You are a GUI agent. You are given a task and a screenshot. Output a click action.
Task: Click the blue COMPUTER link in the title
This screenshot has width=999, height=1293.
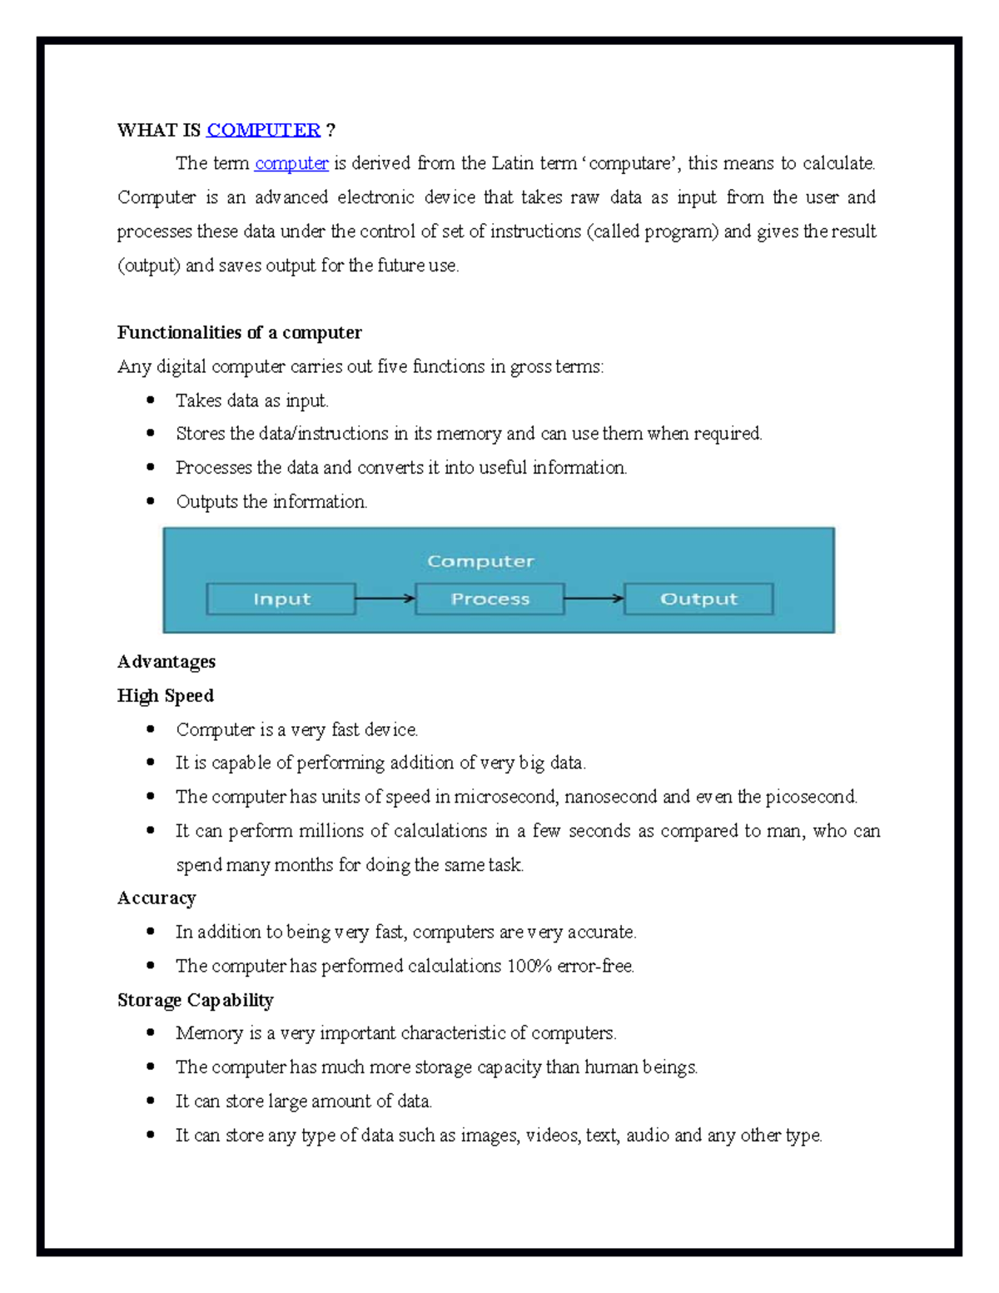[x=263, y=130]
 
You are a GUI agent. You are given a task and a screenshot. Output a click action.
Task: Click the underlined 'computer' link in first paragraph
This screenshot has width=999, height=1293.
[x=291, y=163]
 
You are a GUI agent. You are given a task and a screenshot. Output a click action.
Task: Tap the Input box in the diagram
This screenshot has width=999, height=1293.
[x=281, y=599]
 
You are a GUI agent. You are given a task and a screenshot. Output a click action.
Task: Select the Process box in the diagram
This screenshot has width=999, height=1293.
[x=490, y=599]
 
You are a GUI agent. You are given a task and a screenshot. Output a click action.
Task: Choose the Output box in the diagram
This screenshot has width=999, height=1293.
[x=698, y=599]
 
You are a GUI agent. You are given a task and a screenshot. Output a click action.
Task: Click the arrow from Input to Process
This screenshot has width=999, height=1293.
[x=385, y=599]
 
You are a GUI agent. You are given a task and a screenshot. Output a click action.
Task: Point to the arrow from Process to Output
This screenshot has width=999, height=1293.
[x=594, y=599]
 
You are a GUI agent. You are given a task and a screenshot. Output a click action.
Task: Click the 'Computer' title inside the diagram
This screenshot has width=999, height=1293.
[x=480, y=561]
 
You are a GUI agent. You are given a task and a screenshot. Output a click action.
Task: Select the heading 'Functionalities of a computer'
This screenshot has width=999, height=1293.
[x=239, y=332]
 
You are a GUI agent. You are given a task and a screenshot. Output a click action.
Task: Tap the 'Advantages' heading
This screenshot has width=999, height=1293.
[x=166, y=661]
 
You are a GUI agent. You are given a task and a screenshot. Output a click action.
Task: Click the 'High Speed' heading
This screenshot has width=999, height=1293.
[x=166, y=695]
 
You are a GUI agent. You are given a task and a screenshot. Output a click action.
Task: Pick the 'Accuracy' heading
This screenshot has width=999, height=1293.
[x=157, y=898]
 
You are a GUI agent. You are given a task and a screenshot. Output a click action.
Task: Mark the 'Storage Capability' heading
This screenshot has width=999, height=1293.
[x=195, y=999]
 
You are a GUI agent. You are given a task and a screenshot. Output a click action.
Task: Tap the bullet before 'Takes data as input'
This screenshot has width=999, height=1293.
[x=151, y=400]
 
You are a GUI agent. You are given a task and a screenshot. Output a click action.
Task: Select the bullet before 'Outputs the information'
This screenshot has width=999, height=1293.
[x=151, y=501]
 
